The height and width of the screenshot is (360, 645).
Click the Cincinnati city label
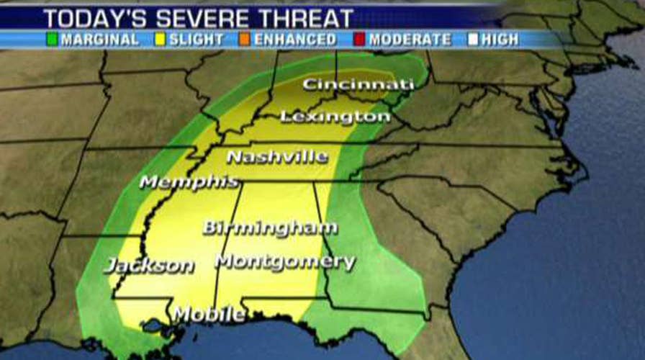pyautogui.click(x=358, y=85)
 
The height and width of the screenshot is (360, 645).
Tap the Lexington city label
pyautogui.click(x=335, y=116)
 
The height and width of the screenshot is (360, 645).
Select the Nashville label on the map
pyautogui.click(x=277, y=156)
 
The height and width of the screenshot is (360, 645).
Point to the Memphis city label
pyautogui.click(x=189, y=181)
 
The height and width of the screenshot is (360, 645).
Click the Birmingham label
pyautogui.click(x=270, y=228)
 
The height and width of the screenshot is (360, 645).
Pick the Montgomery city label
pyautogui.click(x=285, y=261)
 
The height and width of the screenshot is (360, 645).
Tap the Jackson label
pyautogui.click(x=149, y=266)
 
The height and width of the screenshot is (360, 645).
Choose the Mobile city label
pyautogui.click(x=208, y=314)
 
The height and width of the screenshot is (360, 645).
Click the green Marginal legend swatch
pyautogui.click(x=52, y=39)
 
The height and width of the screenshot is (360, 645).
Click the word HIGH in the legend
pyautogui.click(x=500, y=39)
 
